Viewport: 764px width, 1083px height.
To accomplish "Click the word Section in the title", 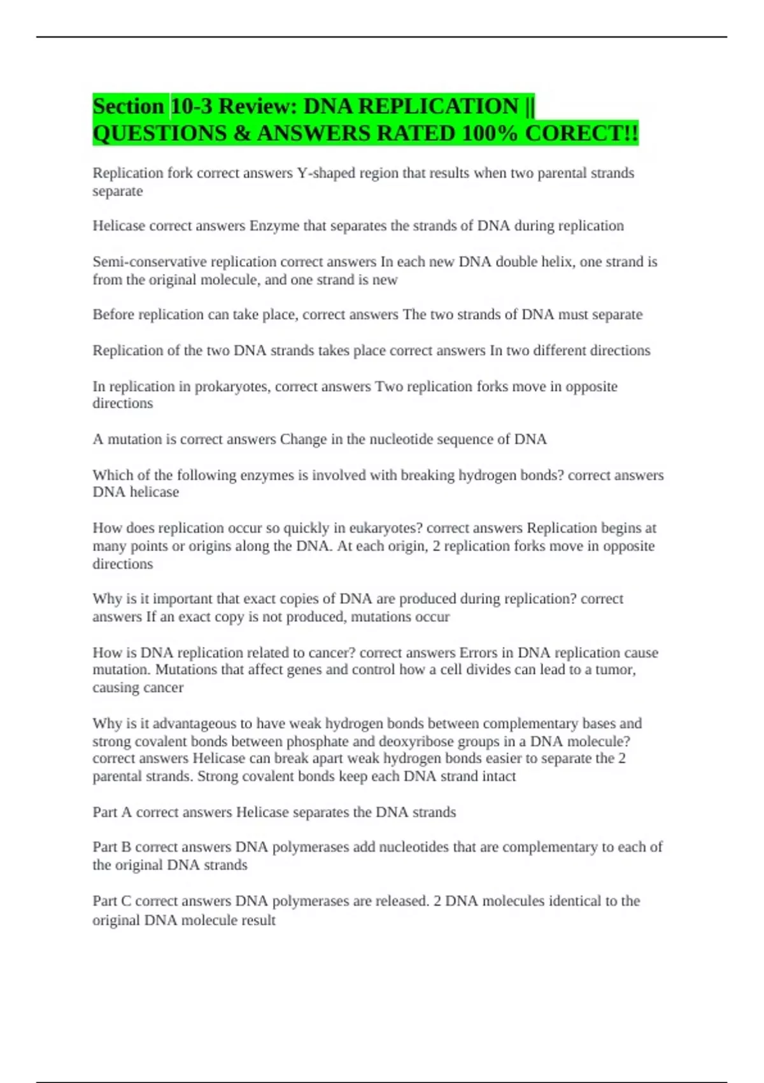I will pos(128,106).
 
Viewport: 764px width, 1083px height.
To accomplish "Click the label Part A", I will pos(112,812).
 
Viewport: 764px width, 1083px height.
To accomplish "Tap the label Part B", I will pos(112,847).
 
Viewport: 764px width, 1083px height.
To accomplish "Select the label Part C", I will pos(112,901).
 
